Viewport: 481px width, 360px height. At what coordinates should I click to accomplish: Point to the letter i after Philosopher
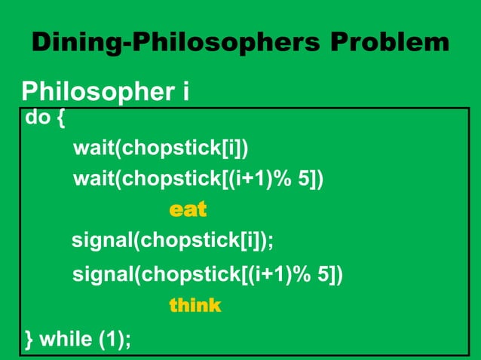coord(184,93)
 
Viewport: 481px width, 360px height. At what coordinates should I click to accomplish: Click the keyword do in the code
coord(36,118)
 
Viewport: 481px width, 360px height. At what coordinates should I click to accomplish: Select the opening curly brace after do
coord(60,119)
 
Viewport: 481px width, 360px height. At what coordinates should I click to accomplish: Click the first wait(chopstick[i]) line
coord(161,146)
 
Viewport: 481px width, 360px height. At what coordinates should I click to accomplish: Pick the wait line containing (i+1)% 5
coord(198,178)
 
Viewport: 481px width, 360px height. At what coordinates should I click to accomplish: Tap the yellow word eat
coord(188,209)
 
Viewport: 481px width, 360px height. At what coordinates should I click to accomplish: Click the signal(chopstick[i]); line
coord(173,241)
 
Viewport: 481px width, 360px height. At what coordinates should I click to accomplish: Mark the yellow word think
coord(195,306)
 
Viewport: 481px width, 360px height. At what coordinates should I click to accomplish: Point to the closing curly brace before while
coord(29,340)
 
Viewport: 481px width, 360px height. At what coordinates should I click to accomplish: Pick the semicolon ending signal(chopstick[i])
coord(271,243)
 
